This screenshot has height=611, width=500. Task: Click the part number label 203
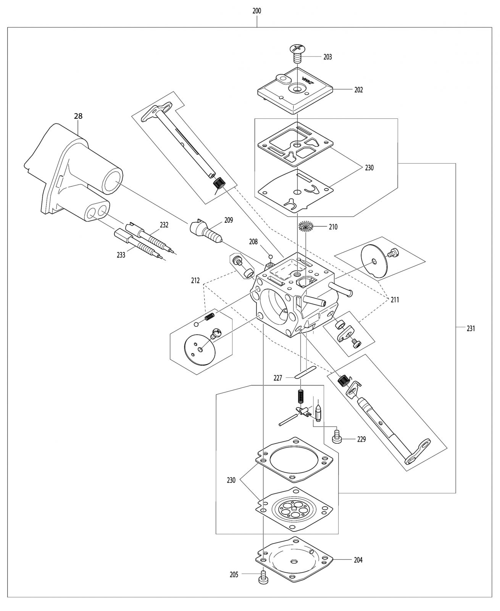coord(327,57)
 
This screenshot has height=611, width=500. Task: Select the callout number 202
coord(358,90)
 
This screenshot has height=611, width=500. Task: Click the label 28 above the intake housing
coord(78,116)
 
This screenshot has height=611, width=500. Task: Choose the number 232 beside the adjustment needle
coord(164,225)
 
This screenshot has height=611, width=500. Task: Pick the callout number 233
coord(121,255)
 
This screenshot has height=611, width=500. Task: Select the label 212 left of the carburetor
coord(195,280)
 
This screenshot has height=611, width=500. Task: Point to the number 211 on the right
coord(395,300)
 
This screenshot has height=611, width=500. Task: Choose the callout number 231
coord(471,329)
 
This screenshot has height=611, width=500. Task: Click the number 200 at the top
coord(256,11)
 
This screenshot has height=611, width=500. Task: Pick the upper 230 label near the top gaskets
coord(369,168)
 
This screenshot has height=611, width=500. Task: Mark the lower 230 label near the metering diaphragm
coord(231,480)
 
